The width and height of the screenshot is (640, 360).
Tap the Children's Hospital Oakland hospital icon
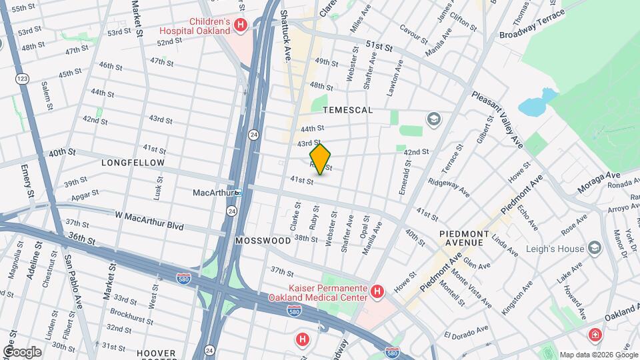coord(241,25)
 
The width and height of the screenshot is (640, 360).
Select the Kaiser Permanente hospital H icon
coord(377,291)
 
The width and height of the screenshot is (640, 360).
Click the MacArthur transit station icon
coord(237,193)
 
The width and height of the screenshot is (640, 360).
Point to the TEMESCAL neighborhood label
coord(347,109)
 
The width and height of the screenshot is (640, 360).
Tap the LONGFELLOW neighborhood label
coord(133,162)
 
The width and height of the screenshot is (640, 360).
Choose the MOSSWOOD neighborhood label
coord(263,240)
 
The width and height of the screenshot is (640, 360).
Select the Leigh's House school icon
coord(595,249)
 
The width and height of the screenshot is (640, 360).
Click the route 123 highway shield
coord(21,79)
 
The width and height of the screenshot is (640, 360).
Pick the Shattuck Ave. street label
coord(285,36)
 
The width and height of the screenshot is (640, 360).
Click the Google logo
coord(23,351)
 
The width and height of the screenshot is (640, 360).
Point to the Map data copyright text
coord(598,355)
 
